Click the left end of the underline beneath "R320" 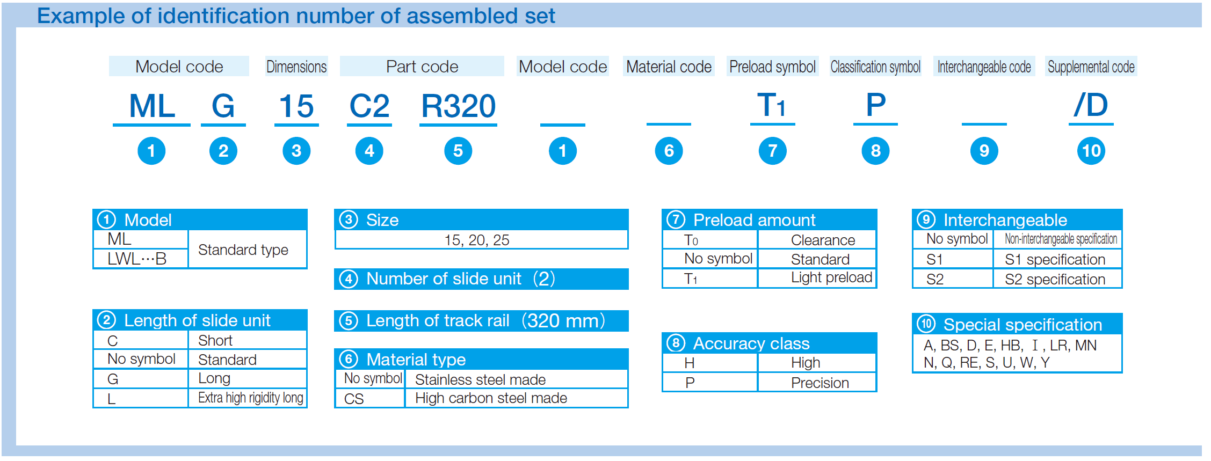click(x=419, y=125)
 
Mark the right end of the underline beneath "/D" click(x=1114, y=124)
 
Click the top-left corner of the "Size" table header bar click(x=335, y=209)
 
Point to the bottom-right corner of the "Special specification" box click(x=1122, y=372)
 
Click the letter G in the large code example click(x=223, y=106)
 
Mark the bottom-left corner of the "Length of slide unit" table click(x=93, y=408)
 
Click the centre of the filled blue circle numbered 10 click(x=1091, y=151)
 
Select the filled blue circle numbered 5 click(x=458, y=151)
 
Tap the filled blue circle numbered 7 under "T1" click(x=773, y=151)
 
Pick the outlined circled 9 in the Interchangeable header click(x=926, y=219)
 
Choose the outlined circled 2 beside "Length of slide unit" click(x=107, y=320)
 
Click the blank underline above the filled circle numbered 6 click(x=669, y=124)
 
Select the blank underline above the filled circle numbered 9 click(x=984, y=124)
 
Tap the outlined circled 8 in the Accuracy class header click(x=676, y=343)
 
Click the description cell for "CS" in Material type click(x=516, y=398)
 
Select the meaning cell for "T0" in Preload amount click(x=817, y=240)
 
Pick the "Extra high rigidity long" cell click(x=248, y=398)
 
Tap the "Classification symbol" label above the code click(x=875, y=67)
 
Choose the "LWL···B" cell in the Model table click(x=141, y=259)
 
